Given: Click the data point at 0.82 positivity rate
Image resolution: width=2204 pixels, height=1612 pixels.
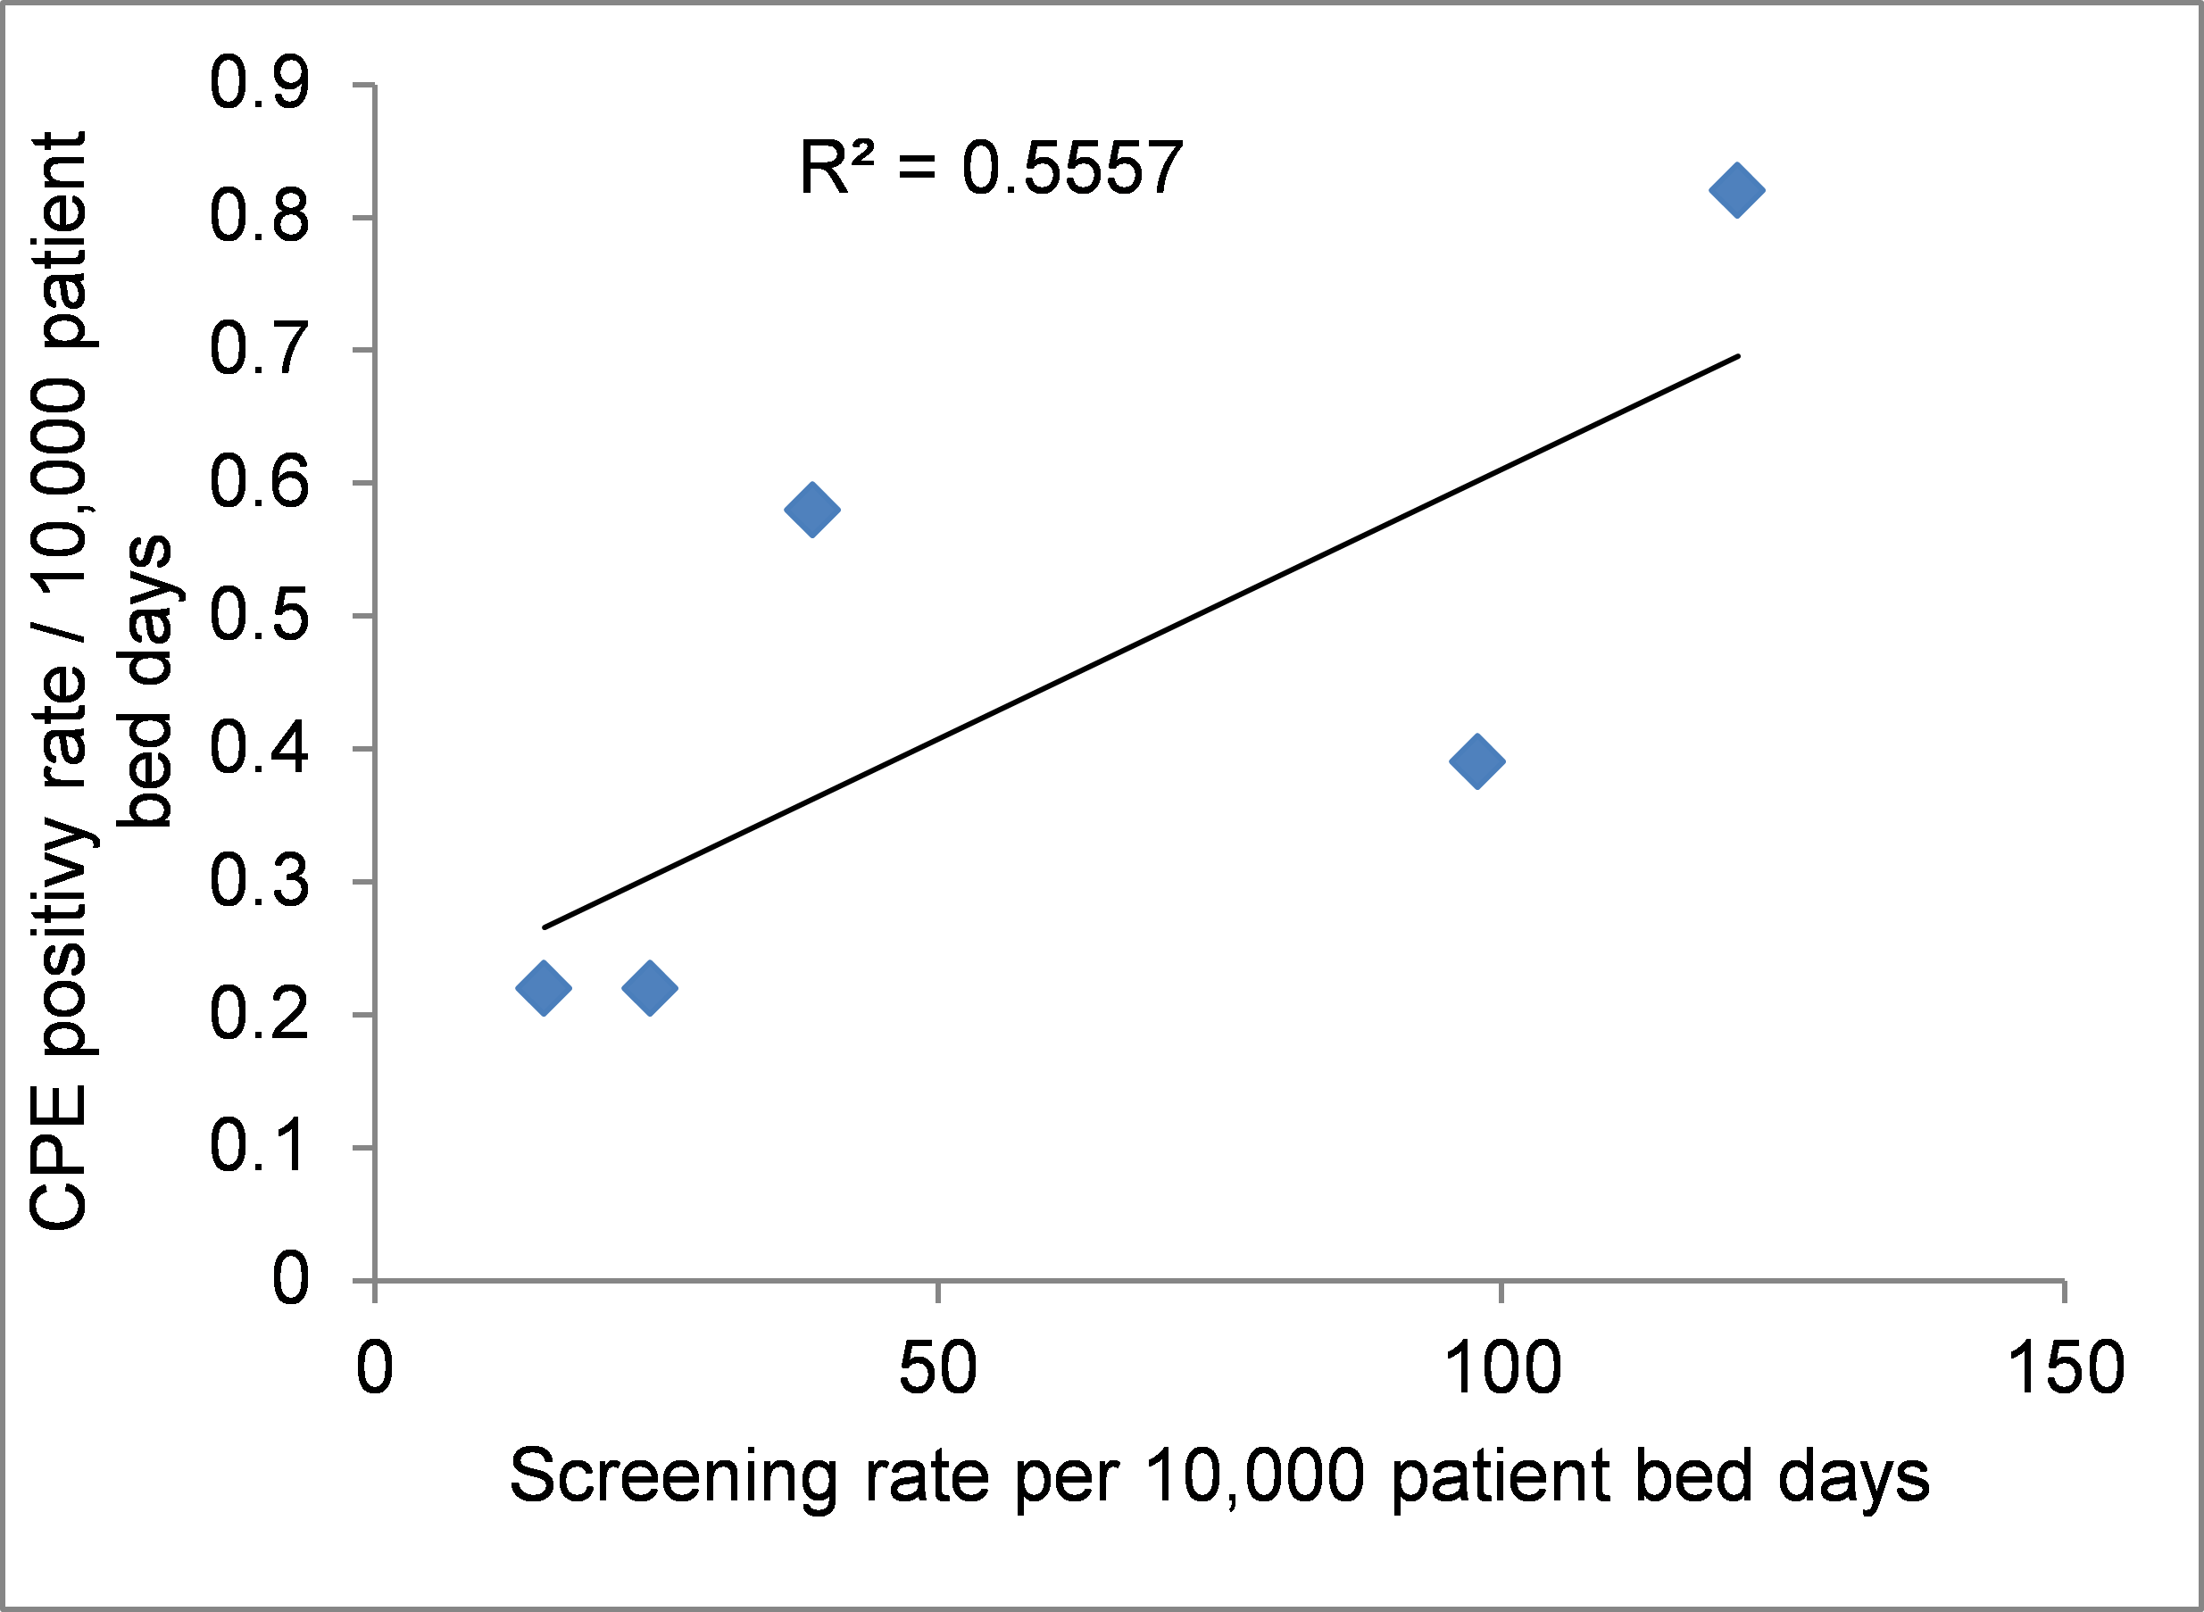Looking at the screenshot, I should (1736, 189).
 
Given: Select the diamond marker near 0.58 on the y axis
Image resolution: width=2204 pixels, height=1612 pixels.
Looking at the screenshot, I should (811, 510).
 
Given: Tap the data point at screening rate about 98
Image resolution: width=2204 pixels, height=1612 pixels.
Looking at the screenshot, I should (1477, 761).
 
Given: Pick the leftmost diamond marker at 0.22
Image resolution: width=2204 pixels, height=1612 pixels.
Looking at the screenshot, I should (544, 987).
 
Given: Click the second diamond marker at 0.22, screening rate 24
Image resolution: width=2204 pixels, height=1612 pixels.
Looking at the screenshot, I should (650, 987).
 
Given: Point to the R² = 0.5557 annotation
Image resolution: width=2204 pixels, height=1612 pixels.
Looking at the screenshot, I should (990, 168).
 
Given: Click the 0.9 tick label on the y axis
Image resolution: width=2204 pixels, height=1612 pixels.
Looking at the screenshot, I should (260, 84).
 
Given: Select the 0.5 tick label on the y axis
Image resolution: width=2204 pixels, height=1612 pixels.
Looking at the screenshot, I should (260, 616).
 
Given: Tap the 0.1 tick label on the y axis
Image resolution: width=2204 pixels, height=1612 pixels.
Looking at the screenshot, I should (260, 1147).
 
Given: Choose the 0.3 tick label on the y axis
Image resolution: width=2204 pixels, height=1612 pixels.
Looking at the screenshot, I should (260, 881).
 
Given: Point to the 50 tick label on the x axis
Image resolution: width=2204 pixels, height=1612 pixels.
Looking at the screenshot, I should (936, 1368).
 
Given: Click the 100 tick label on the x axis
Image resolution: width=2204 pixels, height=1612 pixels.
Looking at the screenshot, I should (1501, 1368).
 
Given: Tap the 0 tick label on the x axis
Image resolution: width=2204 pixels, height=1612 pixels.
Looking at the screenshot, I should (375, 1368).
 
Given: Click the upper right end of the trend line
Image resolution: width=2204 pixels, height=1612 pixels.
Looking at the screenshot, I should (1736, 357).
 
